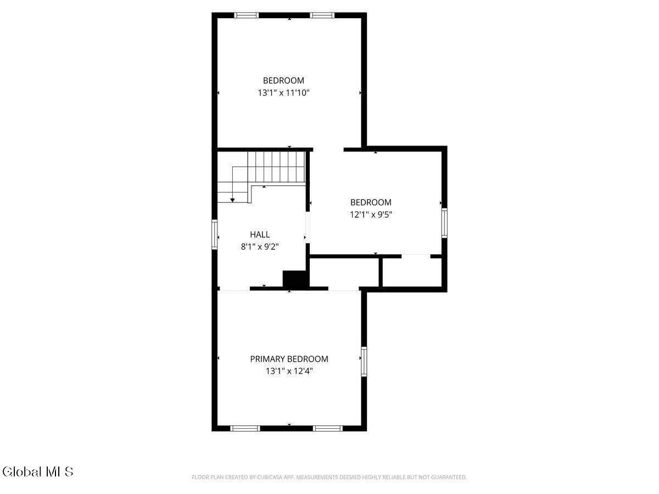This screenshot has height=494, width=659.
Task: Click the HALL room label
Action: [x=260, y=234]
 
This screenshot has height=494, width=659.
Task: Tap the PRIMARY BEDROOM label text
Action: [x=289, y=359]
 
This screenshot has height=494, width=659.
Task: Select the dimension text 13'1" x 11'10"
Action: [x=284, y=93]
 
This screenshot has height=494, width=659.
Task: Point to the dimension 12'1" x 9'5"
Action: [x=371, y=215]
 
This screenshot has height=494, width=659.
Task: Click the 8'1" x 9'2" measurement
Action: [x=260, y=247]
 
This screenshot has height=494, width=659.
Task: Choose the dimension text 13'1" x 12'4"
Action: [x=289, y=372]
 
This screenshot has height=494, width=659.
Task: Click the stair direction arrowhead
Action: [x=232, y=200]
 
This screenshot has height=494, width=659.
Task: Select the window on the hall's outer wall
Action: [x=214, y=234]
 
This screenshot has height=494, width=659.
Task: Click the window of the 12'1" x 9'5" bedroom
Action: [x=444, y=223]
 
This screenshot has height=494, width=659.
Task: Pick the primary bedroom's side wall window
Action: [x=364, y=362]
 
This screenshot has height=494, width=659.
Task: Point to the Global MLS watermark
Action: [x=38, y=471]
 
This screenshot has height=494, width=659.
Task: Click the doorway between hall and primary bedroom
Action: [x=235, y=289]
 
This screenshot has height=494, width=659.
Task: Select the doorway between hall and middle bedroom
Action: [x=308, y=227]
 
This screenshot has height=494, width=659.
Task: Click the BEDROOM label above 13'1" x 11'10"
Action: [x=284, y=80]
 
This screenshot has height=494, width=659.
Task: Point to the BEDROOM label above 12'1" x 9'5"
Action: [x=371, y=203]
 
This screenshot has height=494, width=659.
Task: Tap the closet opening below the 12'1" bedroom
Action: [x=416, y=256]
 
